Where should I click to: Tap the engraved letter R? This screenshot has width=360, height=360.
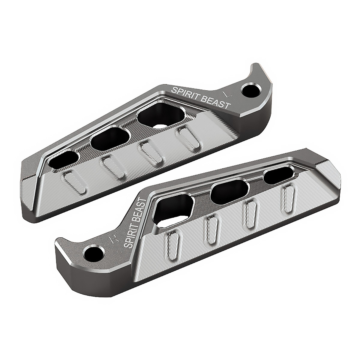click(x=113, y=239)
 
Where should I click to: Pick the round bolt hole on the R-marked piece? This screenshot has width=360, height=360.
click(x=94, y=253)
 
